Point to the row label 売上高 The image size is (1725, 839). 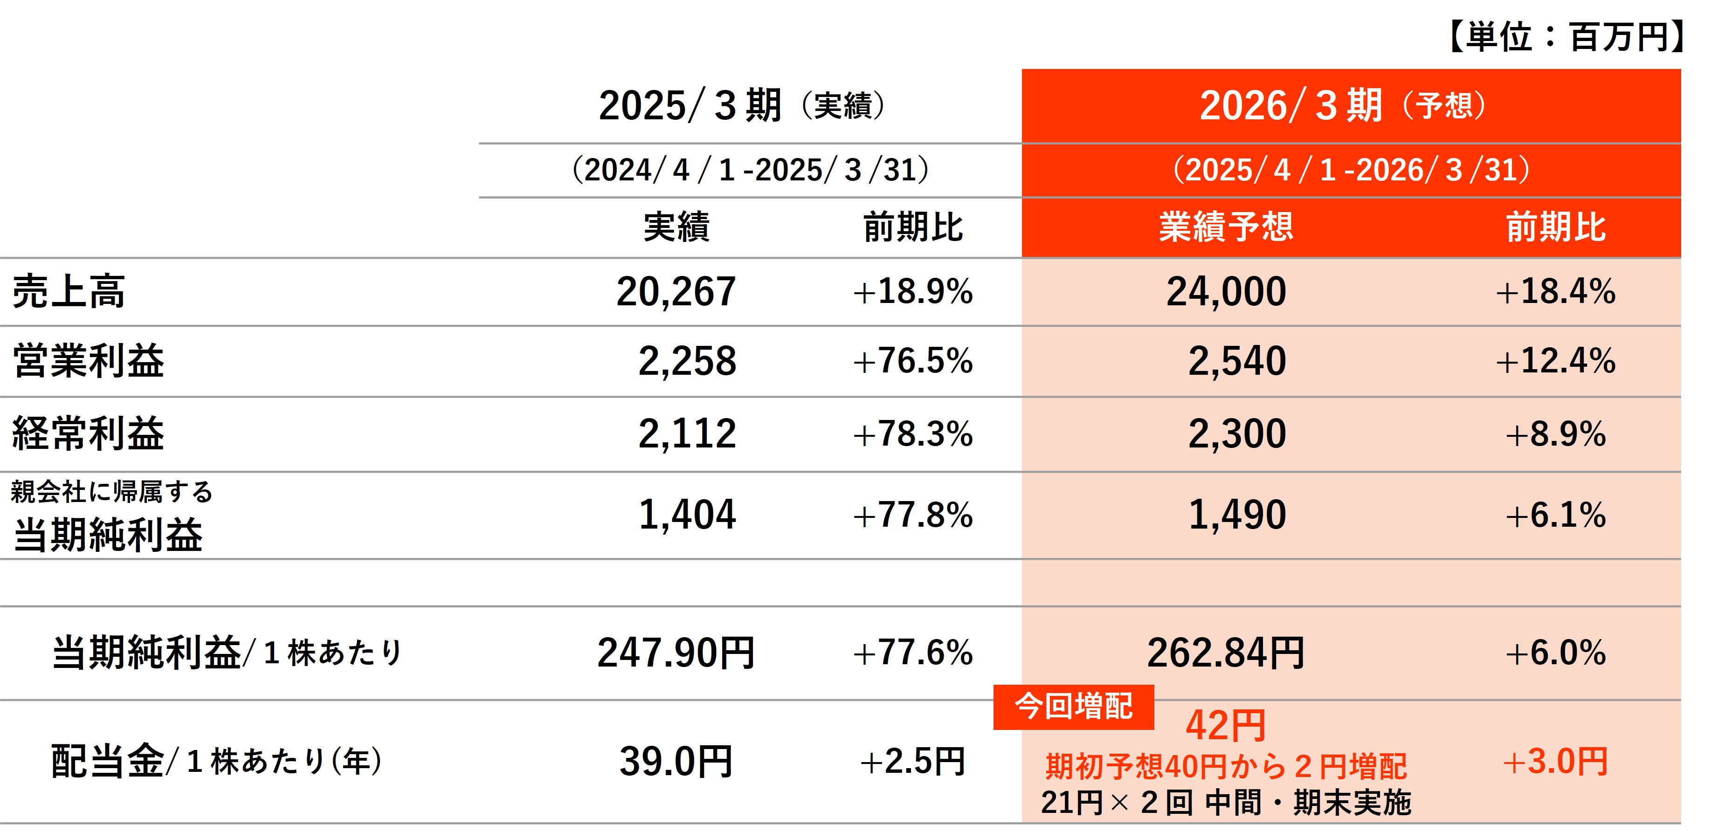click(69, 292)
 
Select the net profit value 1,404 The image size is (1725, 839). click(687, 515)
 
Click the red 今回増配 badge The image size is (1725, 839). click(1073, 707)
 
